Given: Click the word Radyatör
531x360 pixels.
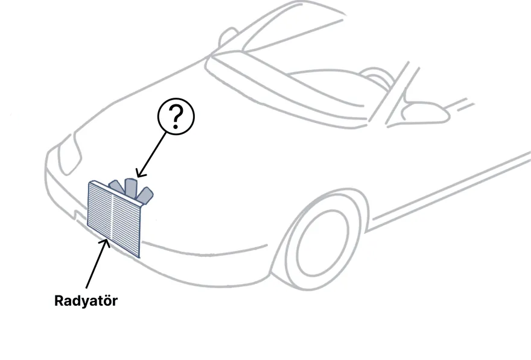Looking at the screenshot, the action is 86,300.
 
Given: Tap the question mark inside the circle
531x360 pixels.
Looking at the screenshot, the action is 176,117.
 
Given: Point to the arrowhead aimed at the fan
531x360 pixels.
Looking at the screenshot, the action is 140,173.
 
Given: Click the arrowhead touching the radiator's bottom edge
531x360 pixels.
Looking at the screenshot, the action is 106,243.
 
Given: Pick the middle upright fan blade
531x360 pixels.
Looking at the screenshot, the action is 131,188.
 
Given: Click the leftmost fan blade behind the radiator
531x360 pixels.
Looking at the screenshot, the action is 115,186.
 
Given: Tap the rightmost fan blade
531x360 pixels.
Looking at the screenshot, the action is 145,196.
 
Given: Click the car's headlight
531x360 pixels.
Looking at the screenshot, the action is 69,154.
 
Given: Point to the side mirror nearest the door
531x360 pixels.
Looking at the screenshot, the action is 425,112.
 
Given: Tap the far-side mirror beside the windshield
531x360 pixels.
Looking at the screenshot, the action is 227,37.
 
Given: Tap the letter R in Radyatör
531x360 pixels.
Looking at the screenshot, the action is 59,300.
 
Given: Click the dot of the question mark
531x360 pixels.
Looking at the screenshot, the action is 176,127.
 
